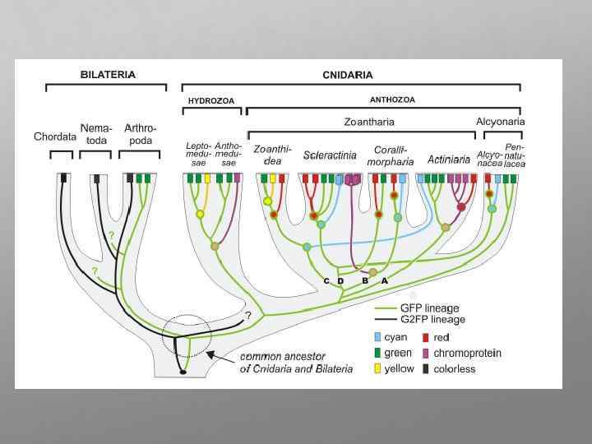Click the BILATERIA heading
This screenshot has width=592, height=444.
(x=108, y=74)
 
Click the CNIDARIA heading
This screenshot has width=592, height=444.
(x=347, y=75)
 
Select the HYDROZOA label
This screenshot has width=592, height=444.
(x=211, y=101)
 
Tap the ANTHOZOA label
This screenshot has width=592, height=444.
(x=392, y=100)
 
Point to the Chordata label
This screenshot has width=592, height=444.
(x=55, y=136)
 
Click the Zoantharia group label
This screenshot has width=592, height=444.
(x=368, y=122)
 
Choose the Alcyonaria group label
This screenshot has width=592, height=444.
(x=500, y=122)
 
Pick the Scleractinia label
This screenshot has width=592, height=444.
(x=329, y=155)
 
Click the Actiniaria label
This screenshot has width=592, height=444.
(x=449, y=159)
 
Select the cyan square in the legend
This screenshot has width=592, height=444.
(x=377, y=337)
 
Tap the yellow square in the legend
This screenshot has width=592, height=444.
(x=377, y=368)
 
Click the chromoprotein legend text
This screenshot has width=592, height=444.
(x=467, y=353)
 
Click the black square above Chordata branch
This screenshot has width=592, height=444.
(x=63, y=178)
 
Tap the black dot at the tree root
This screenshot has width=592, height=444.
(x=183, y=372)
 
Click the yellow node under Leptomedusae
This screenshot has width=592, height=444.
(x=199, y=215)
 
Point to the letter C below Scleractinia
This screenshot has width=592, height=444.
(x=326, y=281)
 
